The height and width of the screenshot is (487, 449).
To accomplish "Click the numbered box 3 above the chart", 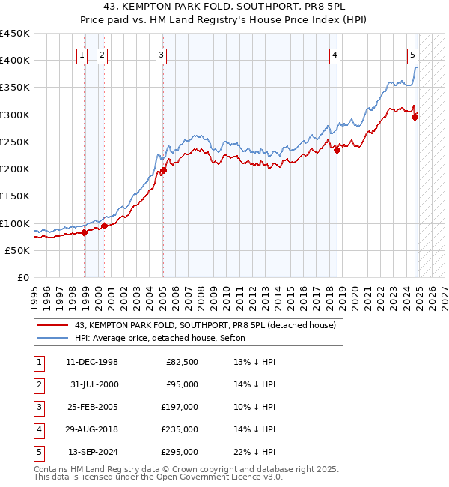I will [x=162, y=54].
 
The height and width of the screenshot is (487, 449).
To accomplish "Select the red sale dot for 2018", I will [x=337, y=150].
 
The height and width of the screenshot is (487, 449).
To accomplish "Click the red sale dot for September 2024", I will [x=415, y=116].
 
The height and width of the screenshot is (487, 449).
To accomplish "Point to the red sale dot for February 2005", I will [x=163, y=170].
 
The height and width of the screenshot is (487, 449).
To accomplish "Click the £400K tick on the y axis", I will [x=15, y=61].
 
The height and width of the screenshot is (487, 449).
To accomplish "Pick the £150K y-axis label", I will [x=15, y=196].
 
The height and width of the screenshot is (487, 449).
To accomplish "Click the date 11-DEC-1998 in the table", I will [x=91, y=362].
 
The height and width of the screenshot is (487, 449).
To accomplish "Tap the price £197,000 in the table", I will [x=180, y=407].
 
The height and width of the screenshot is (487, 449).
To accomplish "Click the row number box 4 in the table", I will [x=38, y=429].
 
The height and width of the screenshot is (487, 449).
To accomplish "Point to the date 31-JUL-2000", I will [x=93, y=384].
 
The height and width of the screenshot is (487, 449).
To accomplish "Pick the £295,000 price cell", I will [x=180, y=452].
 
